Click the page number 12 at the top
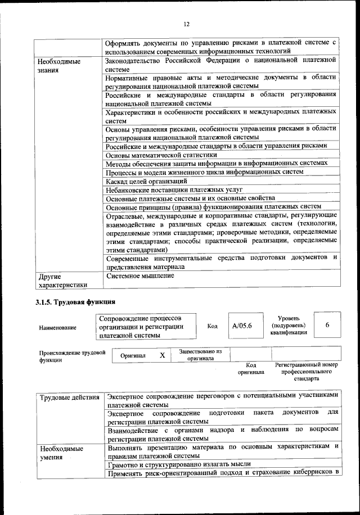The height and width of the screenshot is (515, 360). click(x=186, y=23)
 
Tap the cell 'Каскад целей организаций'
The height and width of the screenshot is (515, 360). click(x=146, y=181)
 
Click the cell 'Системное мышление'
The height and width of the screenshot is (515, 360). click(x=140, y=276)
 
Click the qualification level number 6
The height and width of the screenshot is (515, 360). click(x=327, y=325)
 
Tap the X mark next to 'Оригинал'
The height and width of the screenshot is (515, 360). click(x=162, y=355)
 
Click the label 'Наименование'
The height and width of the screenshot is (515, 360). click(x=58, y=327)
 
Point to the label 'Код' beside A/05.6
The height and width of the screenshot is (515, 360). click(x=212, y=326)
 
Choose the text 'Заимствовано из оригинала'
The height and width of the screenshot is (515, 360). click(x=200, y=355)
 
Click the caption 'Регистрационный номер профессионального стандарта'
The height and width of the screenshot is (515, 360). click(x=307, y=372)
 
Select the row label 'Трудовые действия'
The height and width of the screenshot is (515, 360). click(x=70, y=397)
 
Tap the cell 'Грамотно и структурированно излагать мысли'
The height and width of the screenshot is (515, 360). click(x=178, y=464)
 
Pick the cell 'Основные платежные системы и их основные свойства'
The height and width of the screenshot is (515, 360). click(x=190, y=198)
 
